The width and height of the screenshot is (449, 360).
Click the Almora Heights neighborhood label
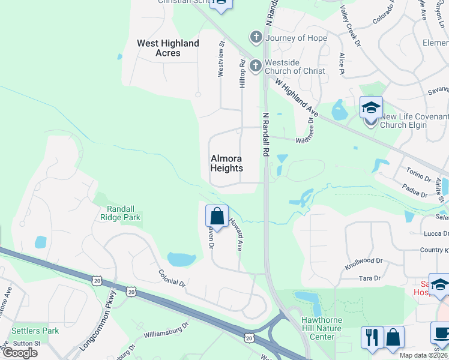pos(227,163)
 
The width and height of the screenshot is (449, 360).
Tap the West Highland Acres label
pos(168,48)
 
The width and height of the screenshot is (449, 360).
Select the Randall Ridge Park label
pos(120,212)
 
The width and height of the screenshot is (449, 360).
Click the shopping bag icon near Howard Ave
pos(217,217)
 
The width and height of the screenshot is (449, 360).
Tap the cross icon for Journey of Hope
pos(256,38)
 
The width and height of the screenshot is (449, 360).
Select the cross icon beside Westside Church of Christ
pos(256,65)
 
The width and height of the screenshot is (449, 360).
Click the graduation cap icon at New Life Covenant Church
pos(371,109)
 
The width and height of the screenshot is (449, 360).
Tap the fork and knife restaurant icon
pos(372,337)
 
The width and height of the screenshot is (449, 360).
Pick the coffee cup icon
pos(442,334)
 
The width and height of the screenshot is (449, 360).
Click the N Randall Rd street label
pos(265,134)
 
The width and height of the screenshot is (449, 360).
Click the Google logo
pos(19,353)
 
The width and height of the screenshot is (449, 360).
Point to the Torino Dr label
pos(418,175)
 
